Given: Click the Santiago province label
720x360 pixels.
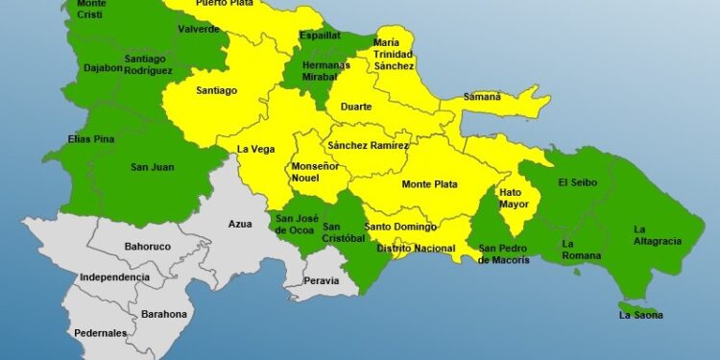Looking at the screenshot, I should click(x=216, y=90).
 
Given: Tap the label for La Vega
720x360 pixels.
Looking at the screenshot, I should click(x=256, y=149).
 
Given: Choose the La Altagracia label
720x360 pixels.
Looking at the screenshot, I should click(x=658, y=234).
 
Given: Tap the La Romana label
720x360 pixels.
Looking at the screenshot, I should click(x=582, y=250).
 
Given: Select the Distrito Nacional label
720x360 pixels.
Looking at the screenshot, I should click(x=416, y=248).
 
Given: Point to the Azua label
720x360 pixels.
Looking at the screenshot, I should click(x=240, y=224).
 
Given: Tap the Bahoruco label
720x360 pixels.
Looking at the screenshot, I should click(x=148, y=247).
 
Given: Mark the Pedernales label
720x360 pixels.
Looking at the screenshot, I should click(x=100, y=333).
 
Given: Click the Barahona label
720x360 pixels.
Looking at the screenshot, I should click(x=164, y=314).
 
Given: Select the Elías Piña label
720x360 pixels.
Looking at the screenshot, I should click(x=92, y=139).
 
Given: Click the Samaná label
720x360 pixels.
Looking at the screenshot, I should click(x=482, y=96).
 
